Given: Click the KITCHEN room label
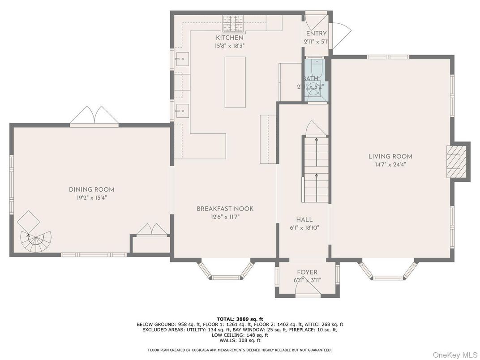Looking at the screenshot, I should pos(230,38).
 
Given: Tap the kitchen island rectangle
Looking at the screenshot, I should pos(235,82).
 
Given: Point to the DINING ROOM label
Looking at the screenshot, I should pos(91,189).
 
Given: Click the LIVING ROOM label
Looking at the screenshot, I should pos(390,156).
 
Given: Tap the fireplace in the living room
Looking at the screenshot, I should pos(455,161).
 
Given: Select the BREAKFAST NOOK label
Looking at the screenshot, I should pos(225,209).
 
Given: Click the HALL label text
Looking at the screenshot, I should pos(304,219).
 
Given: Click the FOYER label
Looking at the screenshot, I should pos(307,272).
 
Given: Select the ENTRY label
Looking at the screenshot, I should pos(316,34).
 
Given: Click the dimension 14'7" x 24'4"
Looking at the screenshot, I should pos(390,164).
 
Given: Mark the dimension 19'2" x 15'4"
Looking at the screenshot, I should pos(91,197).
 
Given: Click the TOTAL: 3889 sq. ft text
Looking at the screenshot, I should pos(240,319).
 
